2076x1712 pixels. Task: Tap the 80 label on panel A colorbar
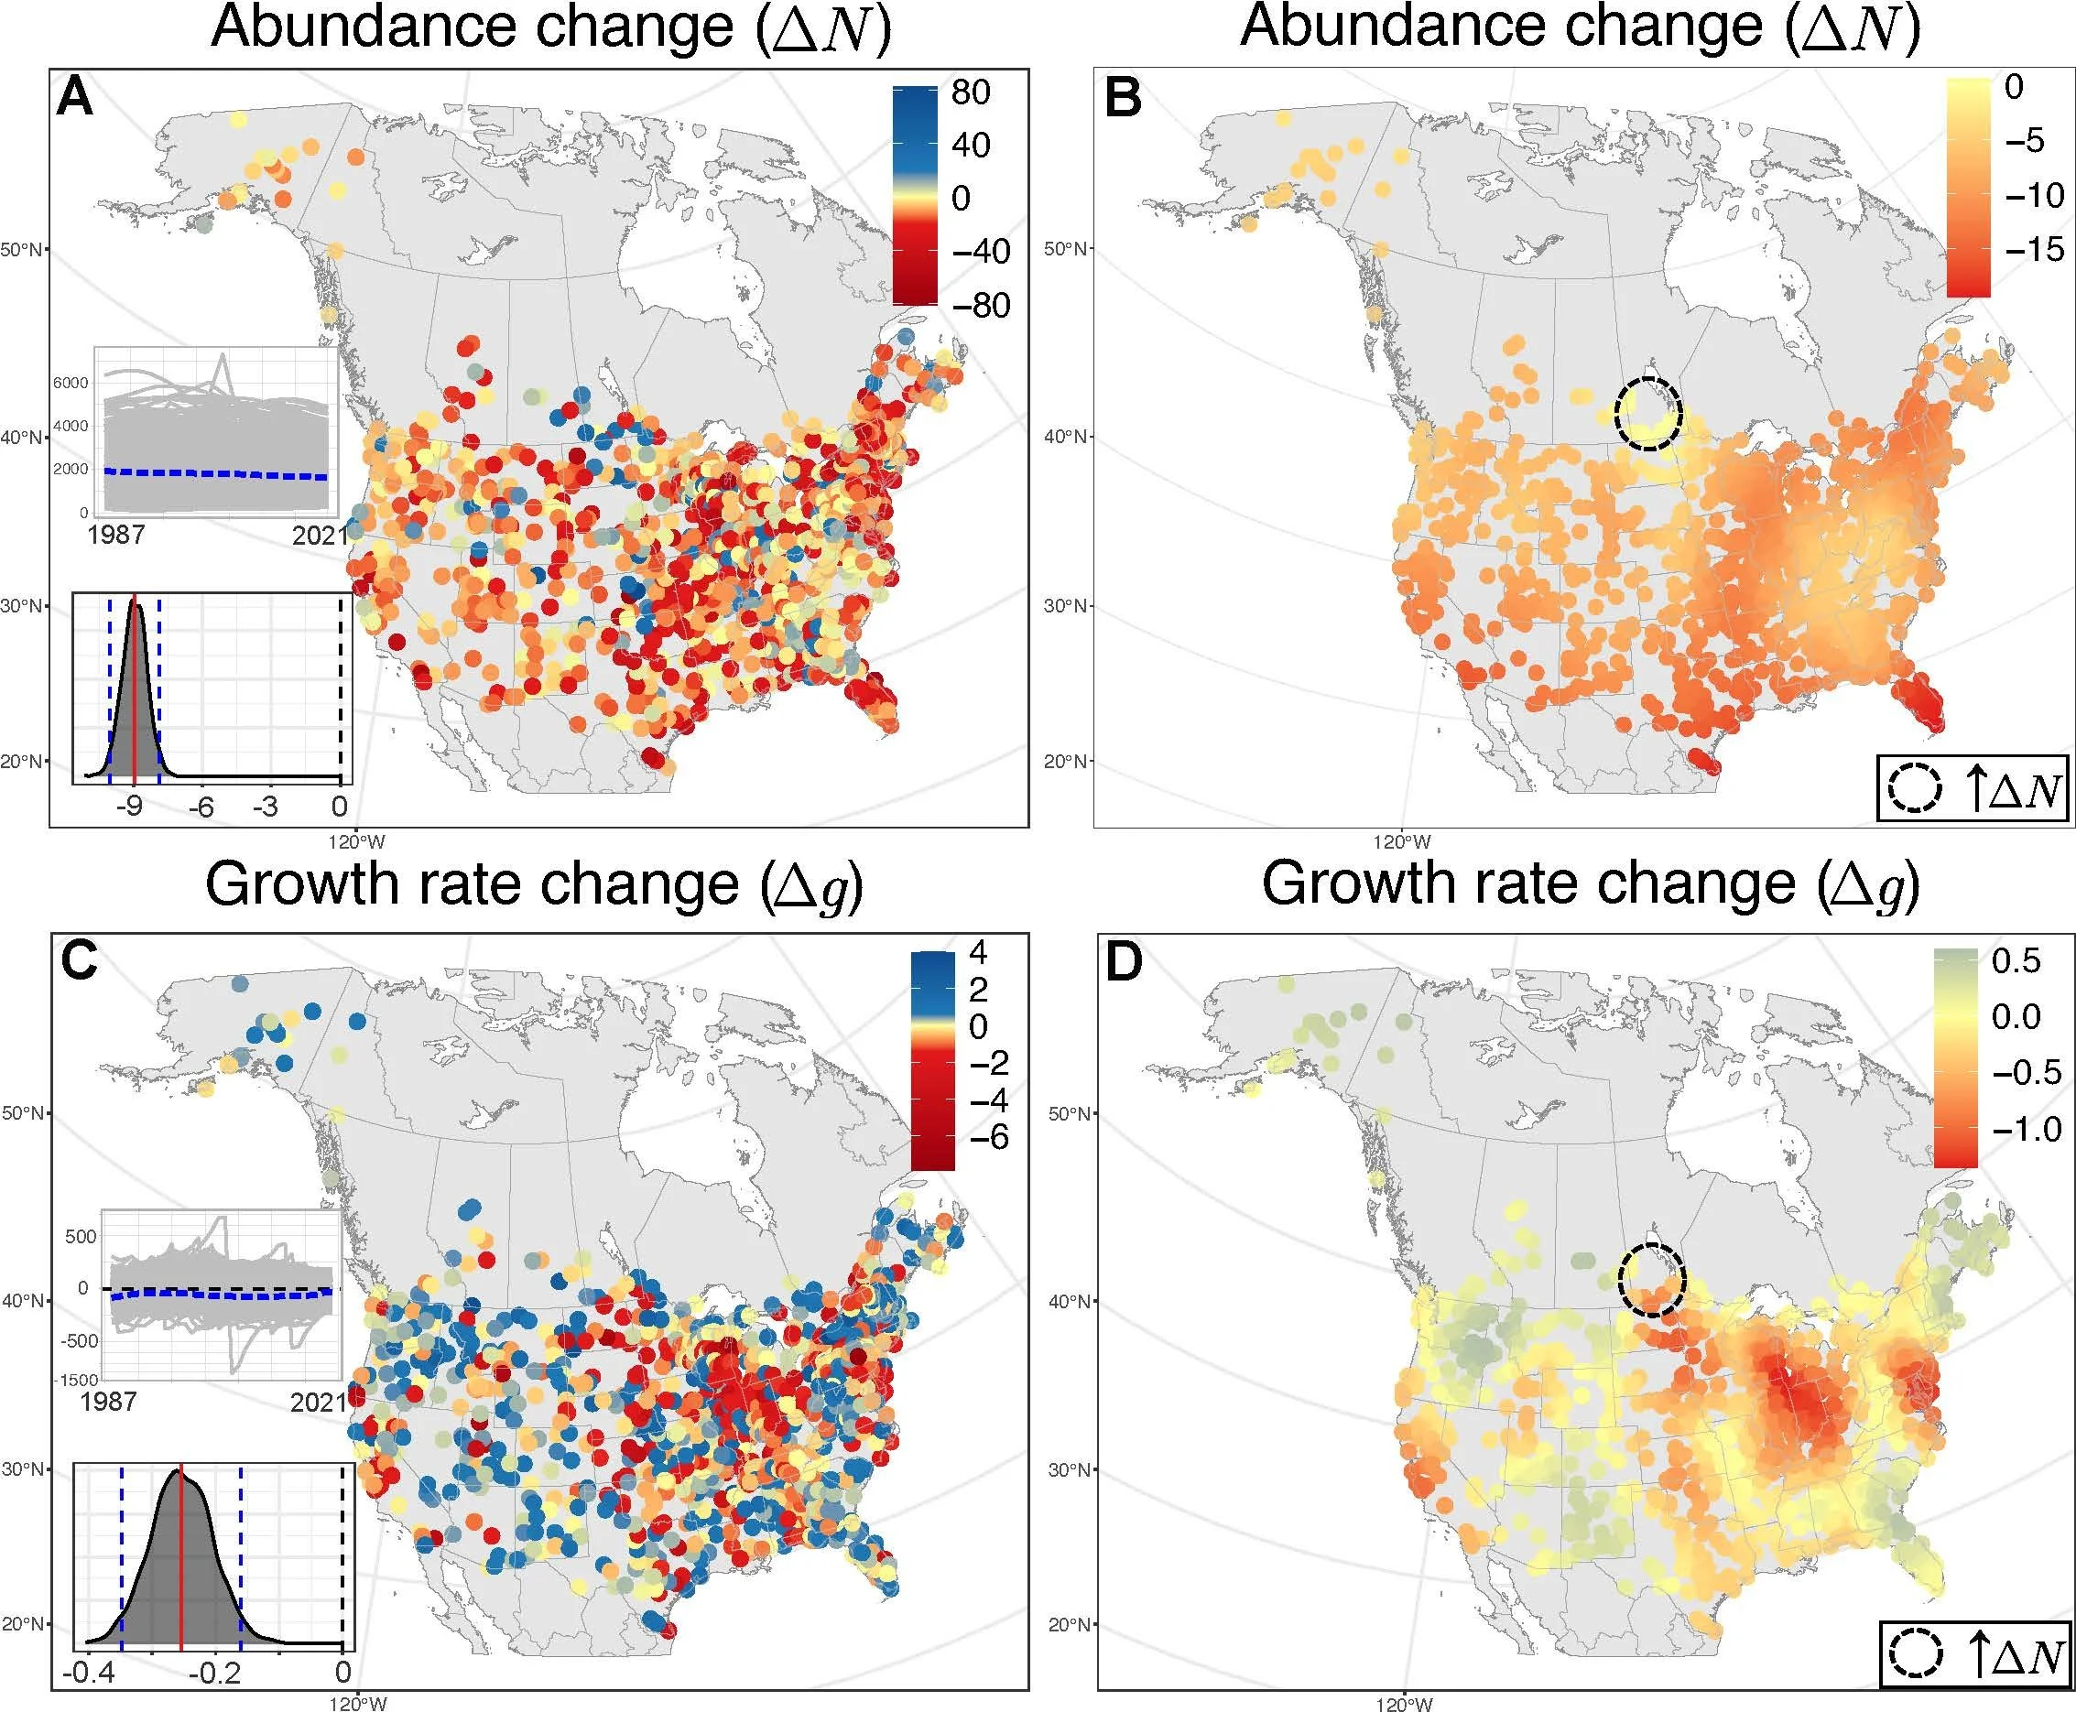tap(971, 92)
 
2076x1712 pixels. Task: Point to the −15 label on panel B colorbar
tap(2032, 248)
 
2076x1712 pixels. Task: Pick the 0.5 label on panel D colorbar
tap(2016, 960)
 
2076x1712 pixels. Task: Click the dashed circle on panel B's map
tap(1648, 414)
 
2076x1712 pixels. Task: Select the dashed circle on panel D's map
tap(1653, 1280)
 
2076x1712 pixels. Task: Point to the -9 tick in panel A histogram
tap(130, 807)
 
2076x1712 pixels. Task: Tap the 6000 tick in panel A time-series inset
tap(70, 383)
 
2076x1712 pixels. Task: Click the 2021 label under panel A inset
tap(320, 536)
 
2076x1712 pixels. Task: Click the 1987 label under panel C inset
tap(107, 1402)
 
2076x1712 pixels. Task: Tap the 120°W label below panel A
tap(358, 842)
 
